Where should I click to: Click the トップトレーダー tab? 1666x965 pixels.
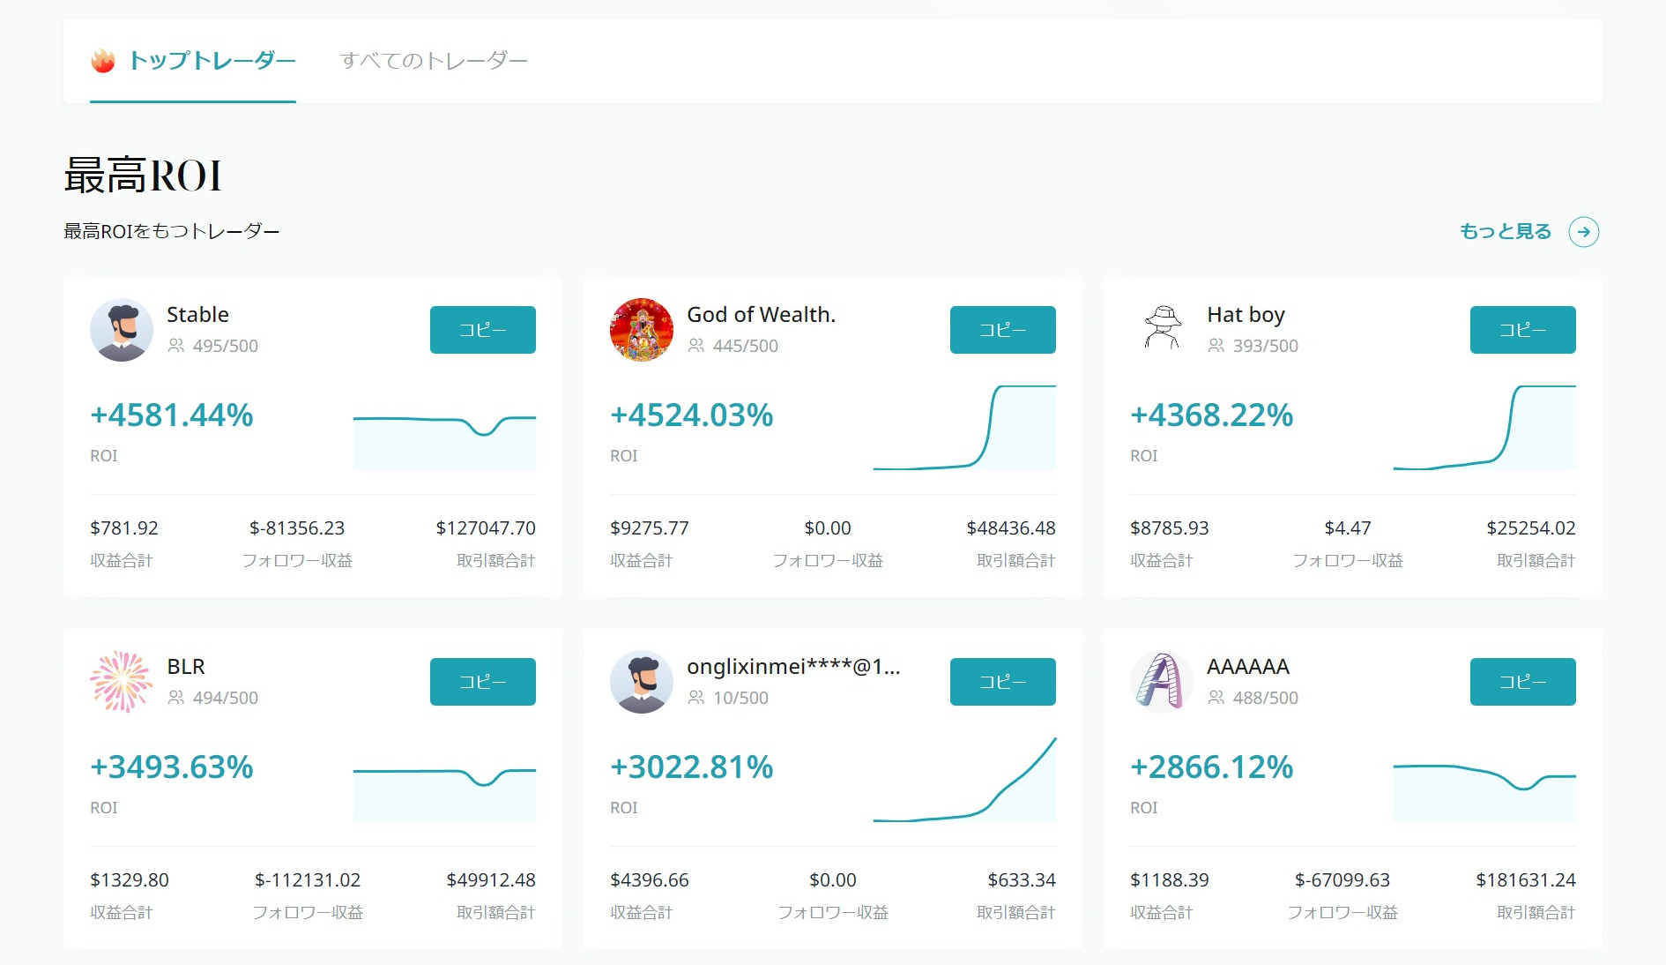(212, 61)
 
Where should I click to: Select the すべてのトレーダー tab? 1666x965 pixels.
(434, 61)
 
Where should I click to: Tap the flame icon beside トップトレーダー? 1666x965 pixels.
(103, 61)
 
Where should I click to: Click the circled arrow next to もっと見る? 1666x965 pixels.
(1583, 232)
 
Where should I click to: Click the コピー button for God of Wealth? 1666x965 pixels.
(1002, 330)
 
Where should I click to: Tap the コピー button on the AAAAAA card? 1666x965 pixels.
(1522, 682)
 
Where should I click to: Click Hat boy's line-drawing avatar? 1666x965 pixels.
(1162, 329)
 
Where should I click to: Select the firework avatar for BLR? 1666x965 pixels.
(122, 682)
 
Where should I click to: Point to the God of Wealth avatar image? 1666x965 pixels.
(642, 330)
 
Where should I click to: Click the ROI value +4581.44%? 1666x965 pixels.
(172, 415)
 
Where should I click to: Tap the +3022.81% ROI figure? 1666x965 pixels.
(692, 767)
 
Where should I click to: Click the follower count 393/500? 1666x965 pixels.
(1265, 346)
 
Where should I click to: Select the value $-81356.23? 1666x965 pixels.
(297, 528)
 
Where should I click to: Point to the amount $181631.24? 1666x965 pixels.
(1525, 880)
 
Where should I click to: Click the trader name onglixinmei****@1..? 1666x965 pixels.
(793, 667)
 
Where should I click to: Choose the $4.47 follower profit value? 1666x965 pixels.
(1348, 528)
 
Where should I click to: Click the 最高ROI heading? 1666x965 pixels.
(143, 175)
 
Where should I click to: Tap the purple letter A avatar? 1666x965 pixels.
(1161, 682)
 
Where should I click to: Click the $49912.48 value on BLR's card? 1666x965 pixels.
(491, 880)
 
